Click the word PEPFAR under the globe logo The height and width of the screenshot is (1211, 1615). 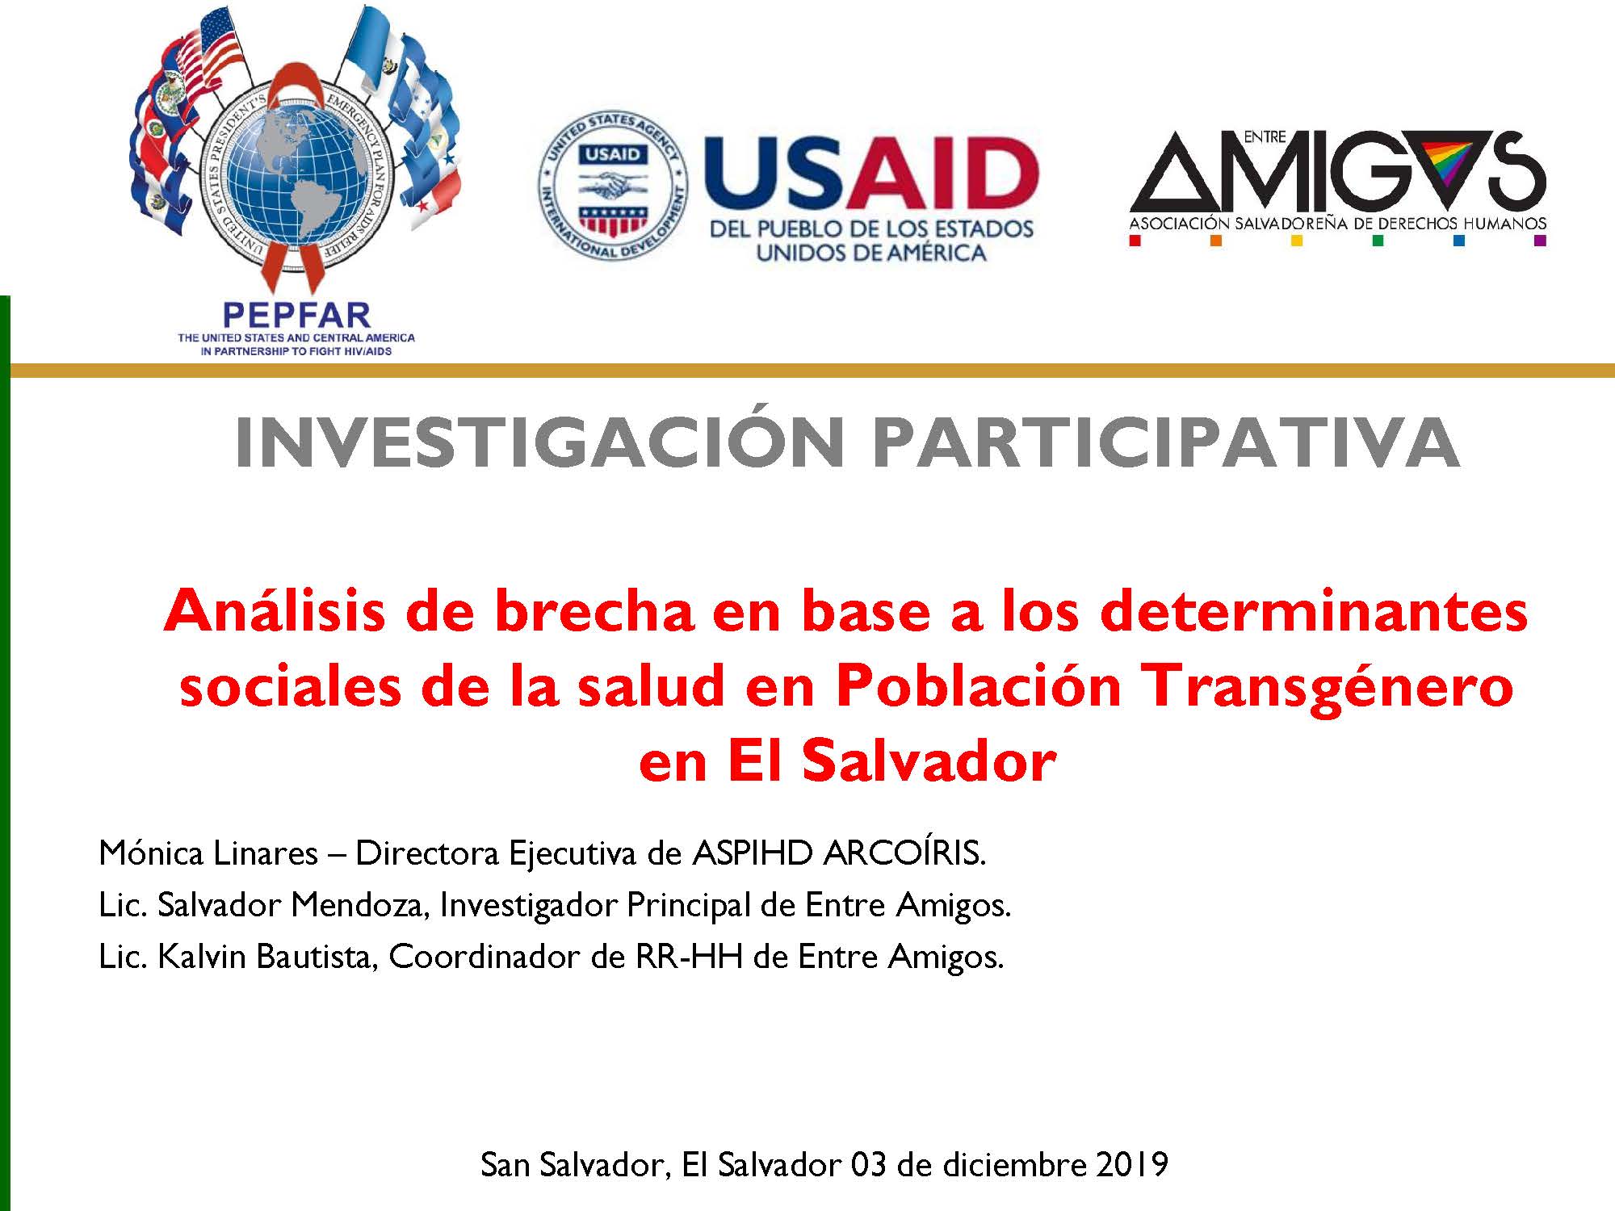(296, 315)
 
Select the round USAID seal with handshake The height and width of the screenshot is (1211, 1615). (613, 185)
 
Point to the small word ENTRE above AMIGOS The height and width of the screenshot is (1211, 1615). (1265, 138)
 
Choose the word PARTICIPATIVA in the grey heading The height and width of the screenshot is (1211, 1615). (1166, 442)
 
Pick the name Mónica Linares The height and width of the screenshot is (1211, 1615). (208, 853)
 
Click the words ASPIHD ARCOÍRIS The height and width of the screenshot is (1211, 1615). (840, 853)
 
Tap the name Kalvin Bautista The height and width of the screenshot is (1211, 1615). (267, 957)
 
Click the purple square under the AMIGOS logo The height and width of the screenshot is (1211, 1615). (1540, 240)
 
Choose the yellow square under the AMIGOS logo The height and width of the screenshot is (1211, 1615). (1297, 240)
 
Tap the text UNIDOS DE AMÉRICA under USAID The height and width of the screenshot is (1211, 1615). (871, 253)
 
